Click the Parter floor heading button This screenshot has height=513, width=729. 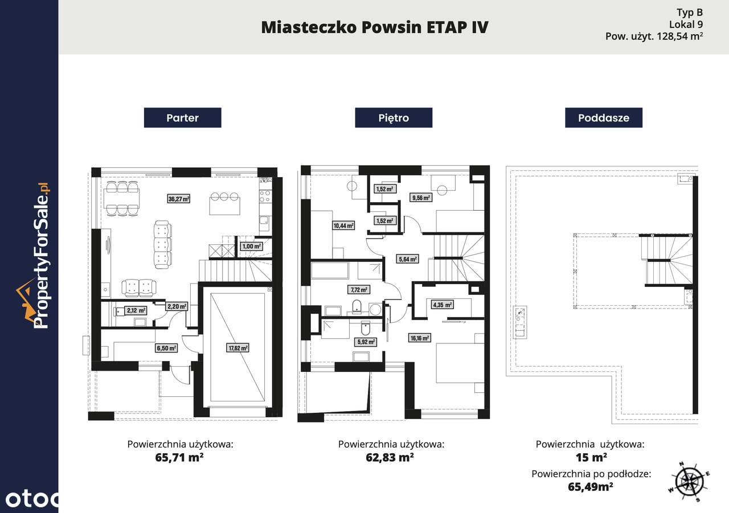[182, 118]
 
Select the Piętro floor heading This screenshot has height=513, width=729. [394, 118]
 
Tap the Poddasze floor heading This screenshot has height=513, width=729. [604, 118]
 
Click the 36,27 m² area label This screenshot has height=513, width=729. [178, 199]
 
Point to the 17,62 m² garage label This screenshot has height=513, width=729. [238, 347]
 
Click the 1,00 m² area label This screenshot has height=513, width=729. [251, 247]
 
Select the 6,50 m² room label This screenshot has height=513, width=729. [166, 347]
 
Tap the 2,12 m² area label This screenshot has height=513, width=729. [136, 311]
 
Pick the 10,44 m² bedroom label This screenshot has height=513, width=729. [343, 225]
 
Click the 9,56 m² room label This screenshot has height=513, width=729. [420, 198]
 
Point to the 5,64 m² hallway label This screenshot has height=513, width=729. [407, 258]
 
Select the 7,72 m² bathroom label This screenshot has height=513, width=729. [358, 289]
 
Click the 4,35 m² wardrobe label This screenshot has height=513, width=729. [443, 305]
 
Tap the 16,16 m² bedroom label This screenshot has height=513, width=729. [419, 338]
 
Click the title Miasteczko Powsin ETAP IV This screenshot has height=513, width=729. [374, 27]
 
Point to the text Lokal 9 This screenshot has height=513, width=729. [686, 24]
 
